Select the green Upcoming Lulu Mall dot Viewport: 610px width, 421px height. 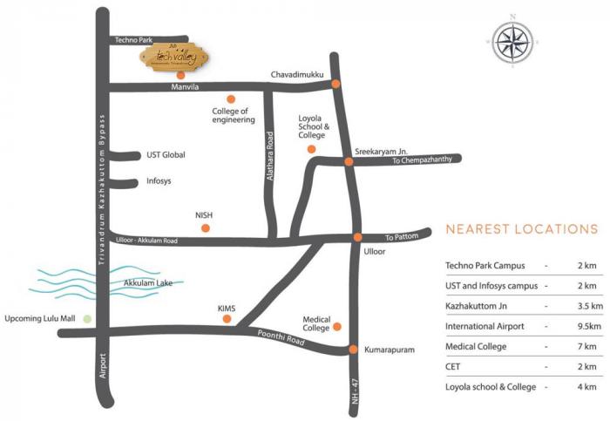click(x=86, y=319)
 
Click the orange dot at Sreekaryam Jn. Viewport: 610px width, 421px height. click(x=348, y=161)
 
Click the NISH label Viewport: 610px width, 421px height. click(x=204, y=214)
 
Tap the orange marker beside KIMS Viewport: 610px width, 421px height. click(x=227, y=320)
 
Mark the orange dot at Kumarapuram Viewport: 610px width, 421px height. click(x=353, y=350)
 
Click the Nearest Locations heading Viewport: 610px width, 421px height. click(x=521, y=230)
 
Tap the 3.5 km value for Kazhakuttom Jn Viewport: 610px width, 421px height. click(x=587, y=306)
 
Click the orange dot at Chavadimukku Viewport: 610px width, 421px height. click(x=334, y=85)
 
